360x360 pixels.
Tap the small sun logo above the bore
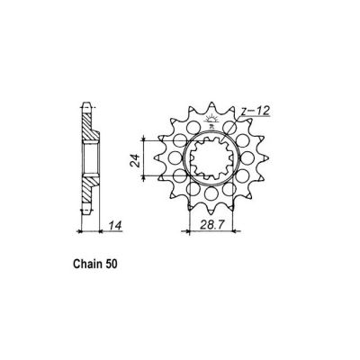(x=213, y=121)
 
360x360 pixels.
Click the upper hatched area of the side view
(x=88, y=130)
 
